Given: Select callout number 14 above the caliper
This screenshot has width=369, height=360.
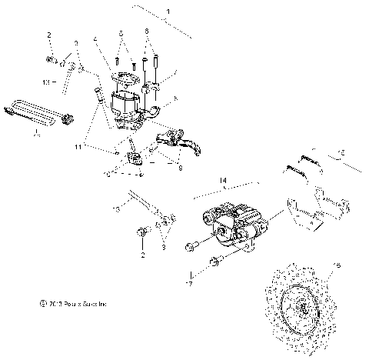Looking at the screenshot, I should tap(224, 182).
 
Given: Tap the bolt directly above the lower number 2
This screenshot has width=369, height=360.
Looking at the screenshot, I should tap(140, 232).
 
